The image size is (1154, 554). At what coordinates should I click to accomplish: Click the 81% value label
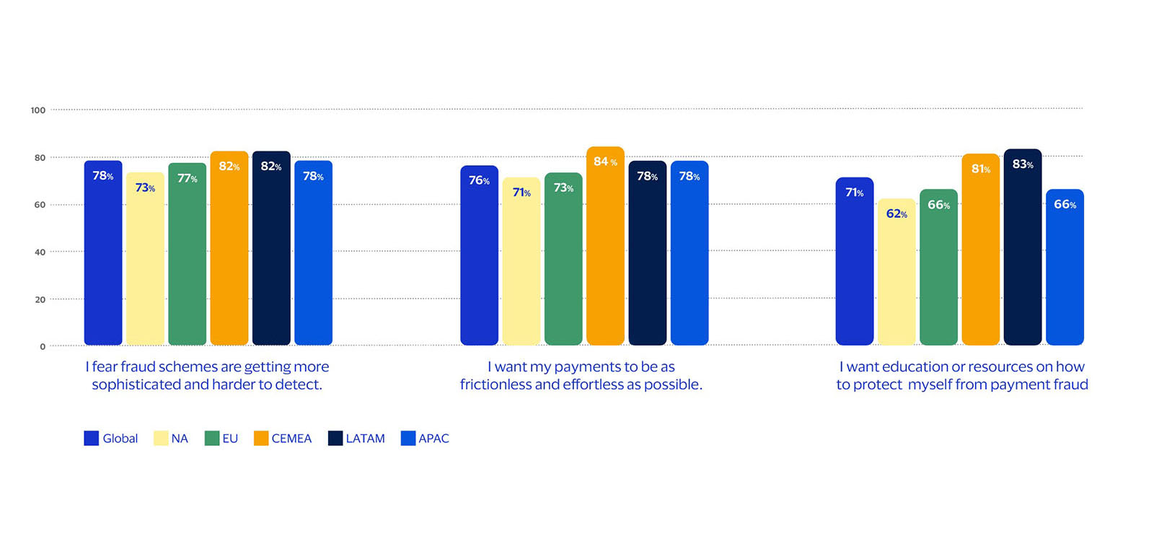[980, 169]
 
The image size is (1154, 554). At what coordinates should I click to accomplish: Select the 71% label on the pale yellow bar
[521, 193]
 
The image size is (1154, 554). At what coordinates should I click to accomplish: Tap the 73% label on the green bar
[563, 188]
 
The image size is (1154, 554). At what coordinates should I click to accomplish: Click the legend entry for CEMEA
[283, 439]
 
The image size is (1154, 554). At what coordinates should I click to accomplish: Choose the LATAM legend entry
[356, 439]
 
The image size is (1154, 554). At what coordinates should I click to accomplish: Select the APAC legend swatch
[408, 439]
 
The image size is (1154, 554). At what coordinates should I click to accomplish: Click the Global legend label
[120, 439]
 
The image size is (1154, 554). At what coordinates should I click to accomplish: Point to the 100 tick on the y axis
[38, 110]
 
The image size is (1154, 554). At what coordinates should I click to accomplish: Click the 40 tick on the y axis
[40, 252]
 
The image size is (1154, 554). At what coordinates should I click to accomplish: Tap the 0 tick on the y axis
[43, 347]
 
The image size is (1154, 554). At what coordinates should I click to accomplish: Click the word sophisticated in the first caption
[136, 384]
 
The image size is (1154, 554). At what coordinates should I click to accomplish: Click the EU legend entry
[221, 439]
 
